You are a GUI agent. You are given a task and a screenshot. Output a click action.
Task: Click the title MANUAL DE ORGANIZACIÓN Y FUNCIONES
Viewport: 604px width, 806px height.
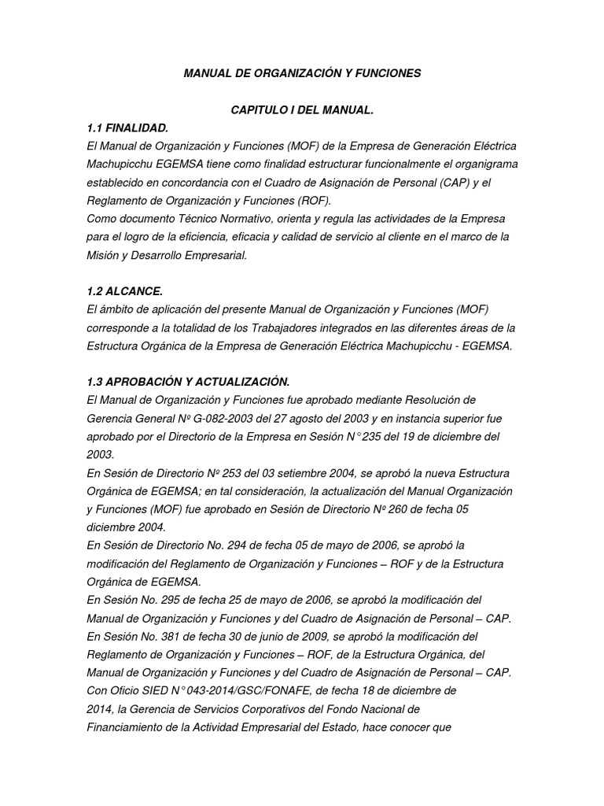pyautogui.click(x=302, y=73)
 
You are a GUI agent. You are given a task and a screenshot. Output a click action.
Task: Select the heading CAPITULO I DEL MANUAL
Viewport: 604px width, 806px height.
pyautogui.click(x=301, y=110)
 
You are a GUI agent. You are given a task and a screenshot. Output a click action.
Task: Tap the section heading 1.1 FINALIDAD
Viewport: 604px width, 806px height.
pyautogui.click(x=127, y=128)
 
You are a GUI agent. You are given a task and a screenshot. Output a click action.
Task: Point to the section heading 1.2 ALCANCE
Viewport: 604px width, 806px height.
pyautogui.click(x=124, y=291)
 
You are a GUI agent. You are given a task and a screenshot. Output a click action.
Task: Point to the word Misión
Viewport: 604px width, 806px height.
pyautogui.click(x=103, y=255)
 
